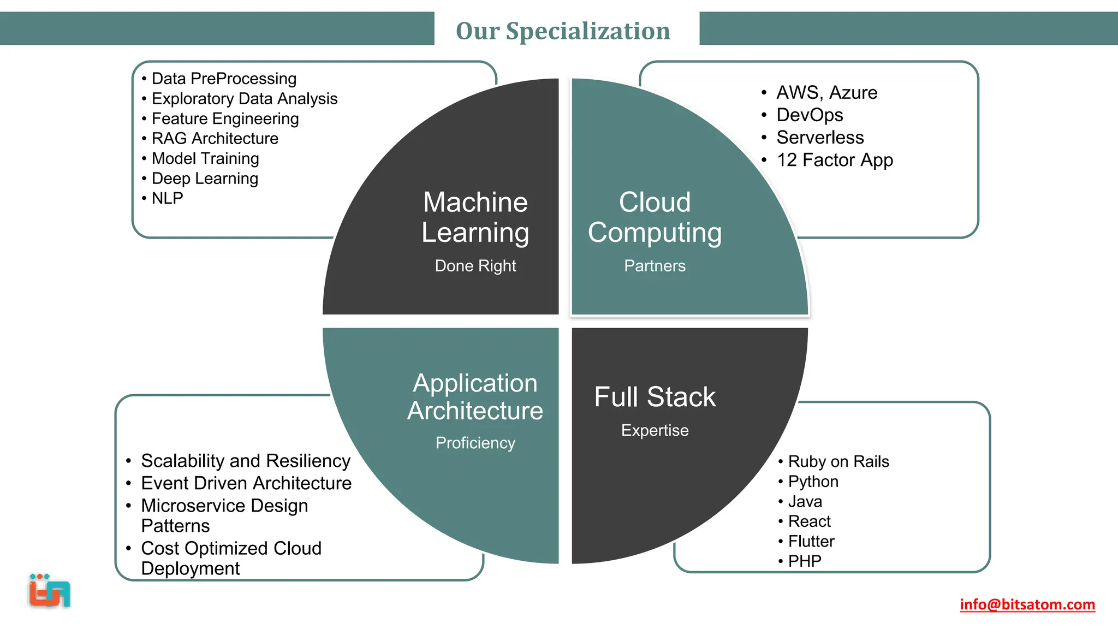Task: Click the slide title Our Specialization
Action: tap(563, 31)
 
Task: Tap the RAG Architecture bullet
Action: tap(215, 139)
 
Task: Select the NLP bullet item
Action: tap(167, 198)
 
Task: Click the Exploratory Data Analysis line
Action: tap(244, 99)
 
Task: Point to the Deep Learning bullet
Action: tap(205, 179)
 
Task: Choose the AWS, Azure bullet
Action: tap(826, 93)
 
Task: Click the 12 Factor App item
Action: tap(834, 160)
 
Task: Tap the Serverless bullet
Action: tap(820, 138)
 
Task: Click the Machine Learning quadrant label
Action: tap(475, 217)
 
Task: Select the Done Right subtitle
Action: tap(475, 266)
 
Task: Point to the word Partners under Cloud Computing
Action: tap(655, 266)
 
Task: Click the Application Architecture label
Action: tap(475, 397)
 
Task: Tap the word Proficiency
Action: tap(475, 443)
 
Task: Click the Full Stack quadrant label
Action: tap(655, 397)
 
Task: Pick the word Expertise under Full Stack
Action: tap(655, 430)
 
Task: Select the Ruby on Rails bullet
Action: tap(838, 462)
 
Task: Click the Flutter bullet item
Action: tap(811, 542)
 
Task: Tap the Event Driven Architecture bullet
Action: tap(246, 483)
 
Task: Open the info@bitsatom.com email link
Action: tap(1027, 604)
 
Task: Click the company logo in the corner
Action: tap(50, 591)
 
